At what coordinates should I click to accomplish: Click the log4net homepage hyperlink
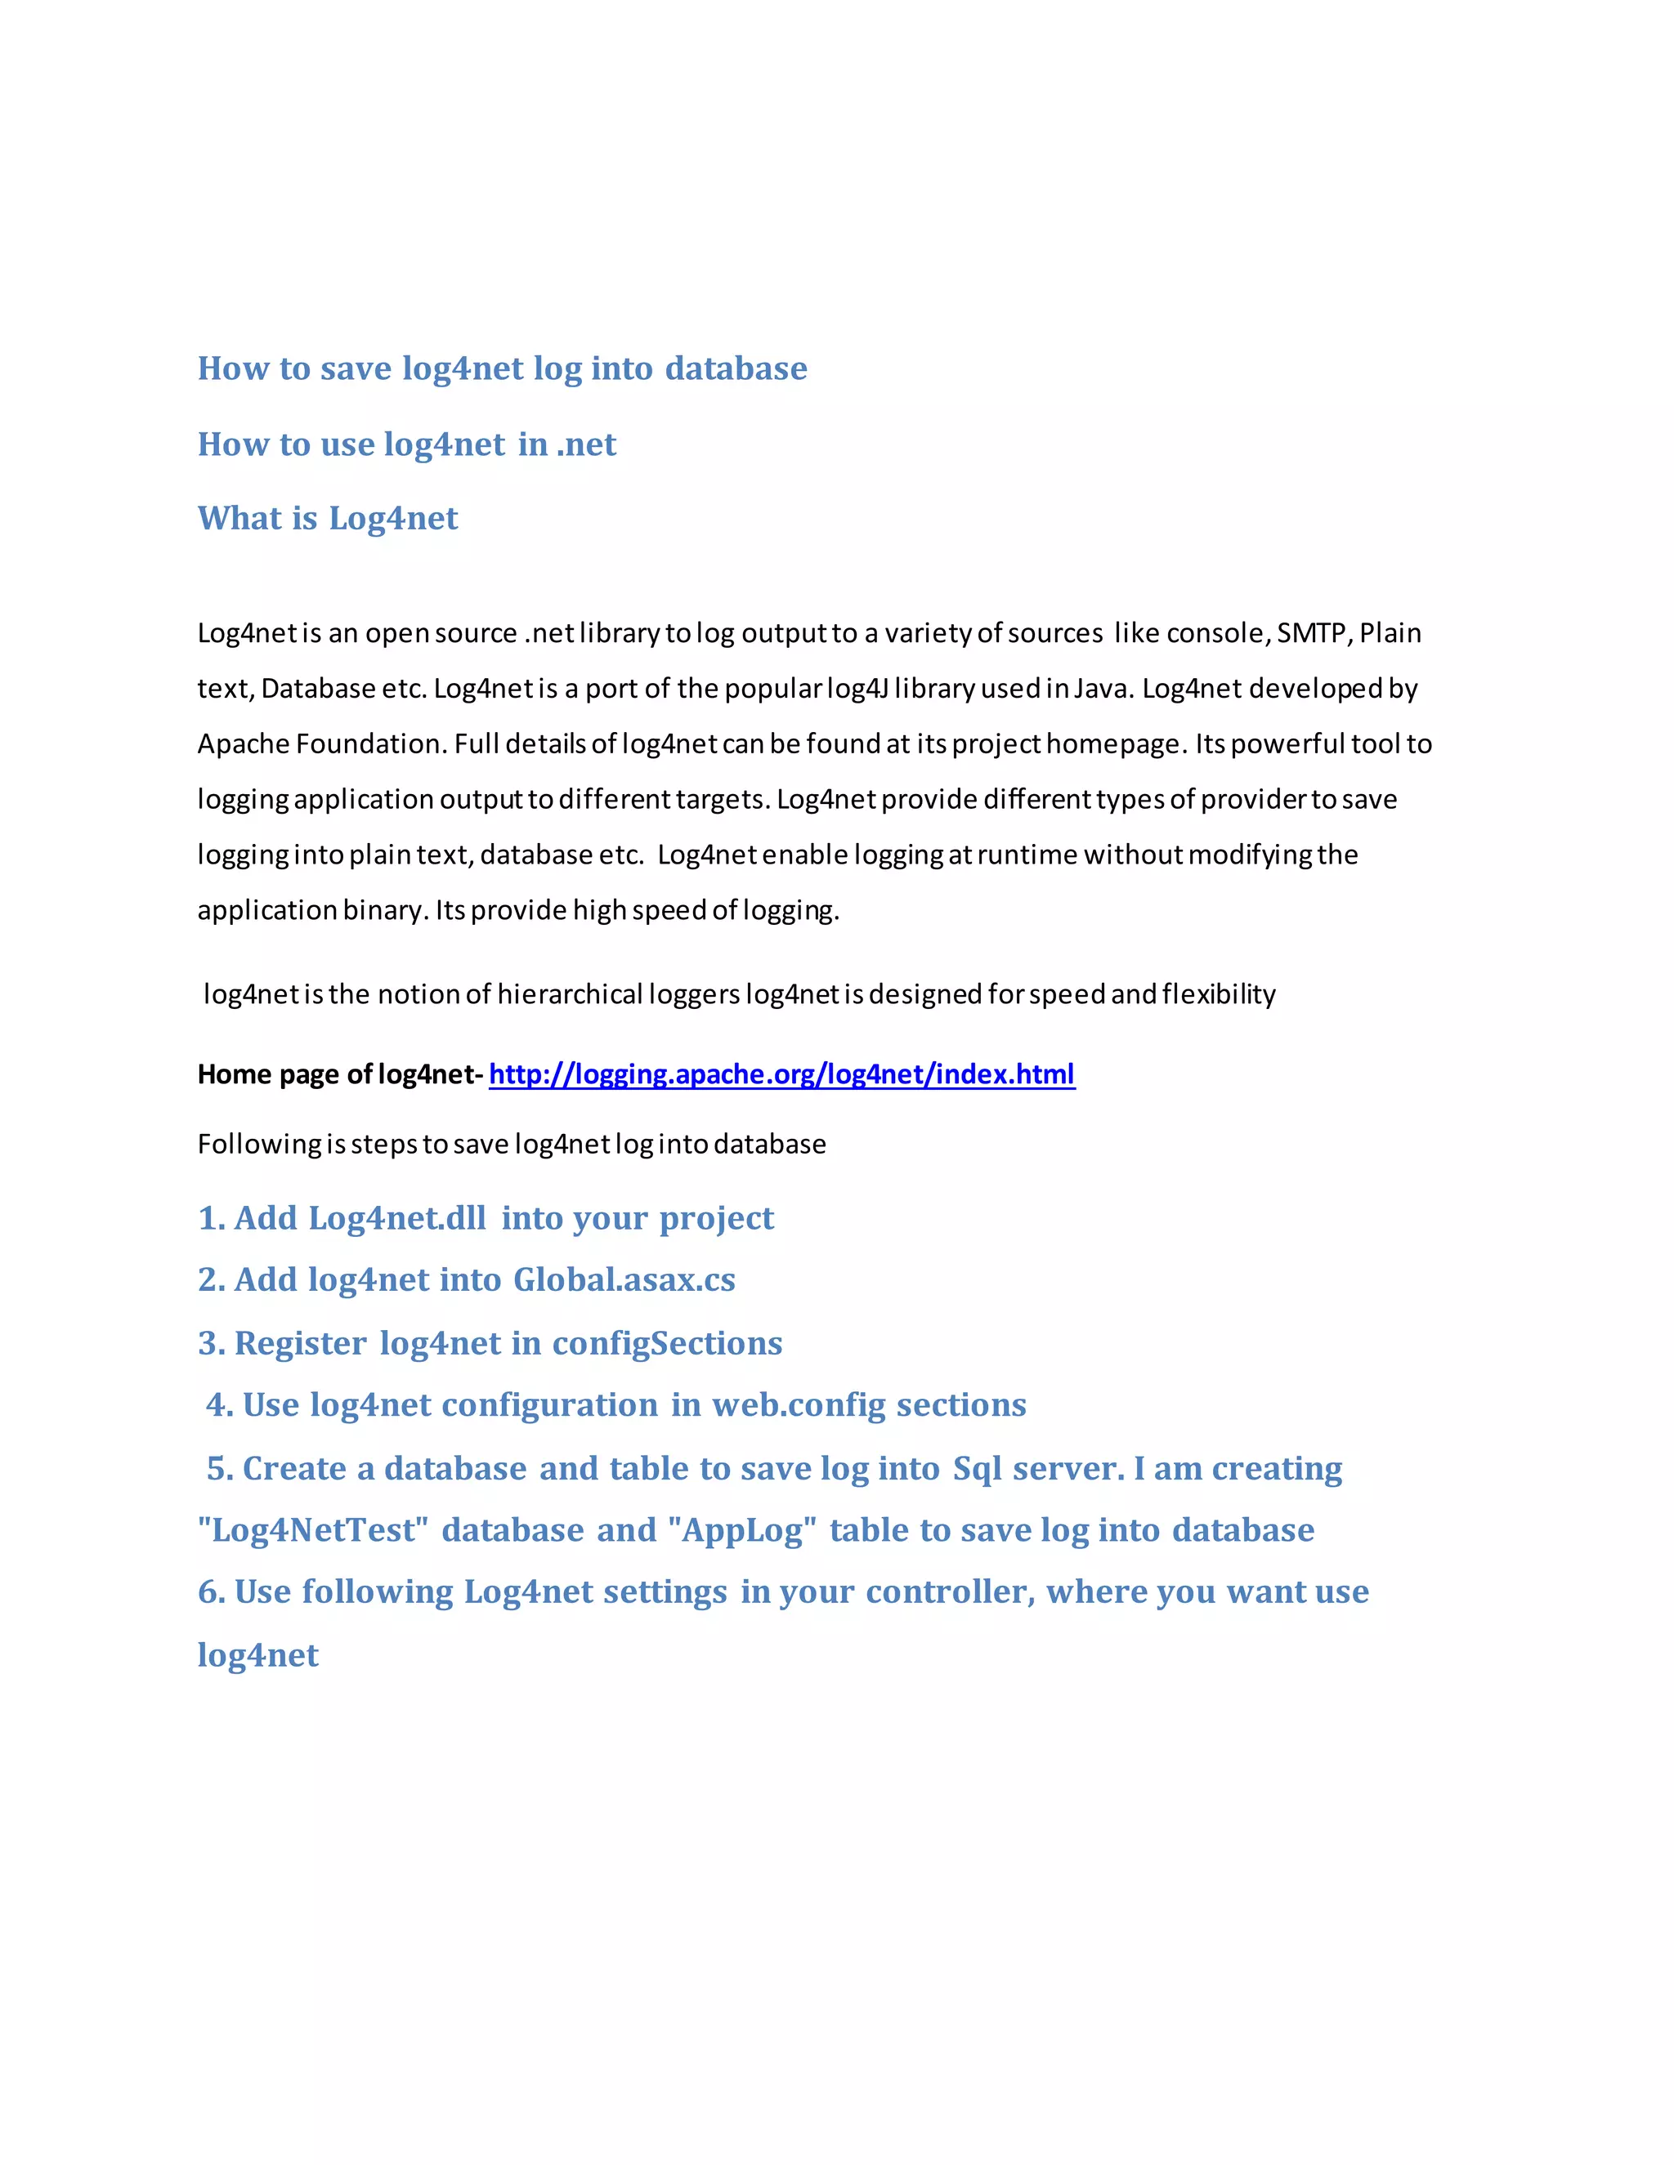click(781, 1074)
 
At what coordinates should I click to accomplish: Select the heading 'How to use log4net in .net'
click(406, 444)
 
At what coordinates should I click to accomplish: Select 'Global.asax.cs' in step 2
click(624, 1279)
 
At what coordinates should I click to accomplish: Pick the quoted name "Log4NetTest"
click(312, 1529)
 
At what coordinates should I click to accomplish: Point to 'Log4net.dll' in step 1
click(396, 1218)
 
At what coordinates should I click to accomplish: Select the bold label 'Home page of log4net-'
click(340, 1074)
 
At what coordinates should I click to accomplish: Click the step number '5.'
click(219, 1468)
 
